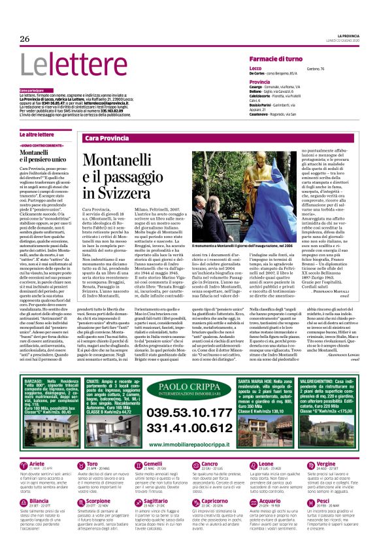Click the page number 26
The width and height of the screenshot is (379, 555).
(25, 39)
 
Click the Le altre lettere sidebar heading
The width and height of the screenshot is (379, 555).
(37, 133)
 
